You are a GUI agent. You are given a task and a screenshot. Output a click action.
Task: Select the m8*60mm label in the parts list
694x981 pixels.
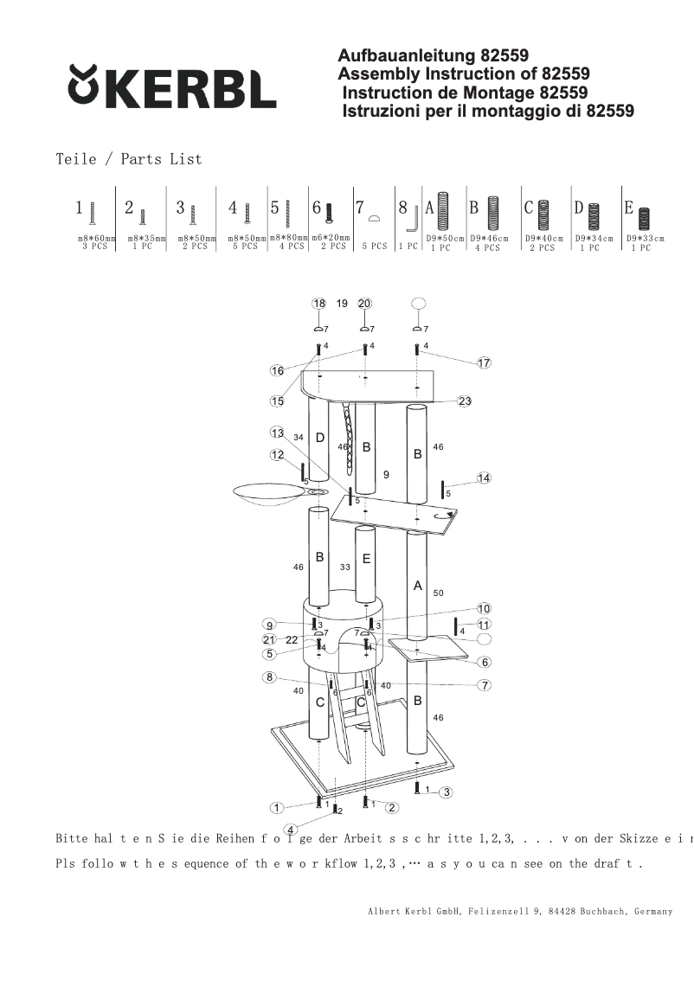coord(96,237)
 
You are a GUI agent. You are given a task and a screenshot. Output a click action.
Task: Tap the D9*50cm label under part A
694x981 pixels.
coord(445,238)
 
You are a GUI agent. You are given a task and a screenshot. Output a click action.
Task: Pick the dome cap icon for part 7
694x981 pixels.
coord(375,219)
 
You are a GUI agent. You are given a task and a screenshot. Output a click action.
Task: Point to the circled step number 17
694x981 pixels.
coord(484,362)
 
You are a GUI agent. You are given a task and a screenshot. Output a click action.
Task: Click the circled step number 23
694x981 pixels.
coord(465,401)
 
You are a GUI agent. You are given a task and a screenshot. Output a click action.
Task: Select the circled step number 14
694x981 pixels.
coord(484,478)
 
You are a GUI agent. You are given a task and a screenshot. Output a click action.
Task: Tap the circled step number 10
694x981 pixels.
coord(484,609)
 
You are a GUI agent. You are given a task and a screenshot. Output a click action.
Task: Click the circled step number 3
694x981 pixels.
coord(446,792)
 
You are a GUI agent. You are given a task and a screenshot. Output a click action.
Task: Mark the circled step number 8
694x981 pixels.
coord(270,677)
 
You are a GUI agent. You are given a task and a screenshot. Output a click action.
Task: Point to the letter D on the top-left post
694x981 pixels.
coord(320,438)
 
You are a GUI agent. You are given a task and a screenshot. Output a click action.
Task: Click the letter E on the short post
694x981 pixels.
coord(366,559)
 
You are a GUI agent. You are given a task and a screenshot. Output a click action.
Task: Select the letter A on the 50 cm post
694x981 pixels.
coord(417,586)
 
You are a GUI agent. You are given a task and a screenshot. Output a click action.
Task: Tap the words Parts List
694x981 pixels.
coord(161,159)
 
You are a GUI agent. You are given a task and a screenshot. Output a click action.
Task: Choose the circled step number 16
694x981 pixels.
coord(277,370)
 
